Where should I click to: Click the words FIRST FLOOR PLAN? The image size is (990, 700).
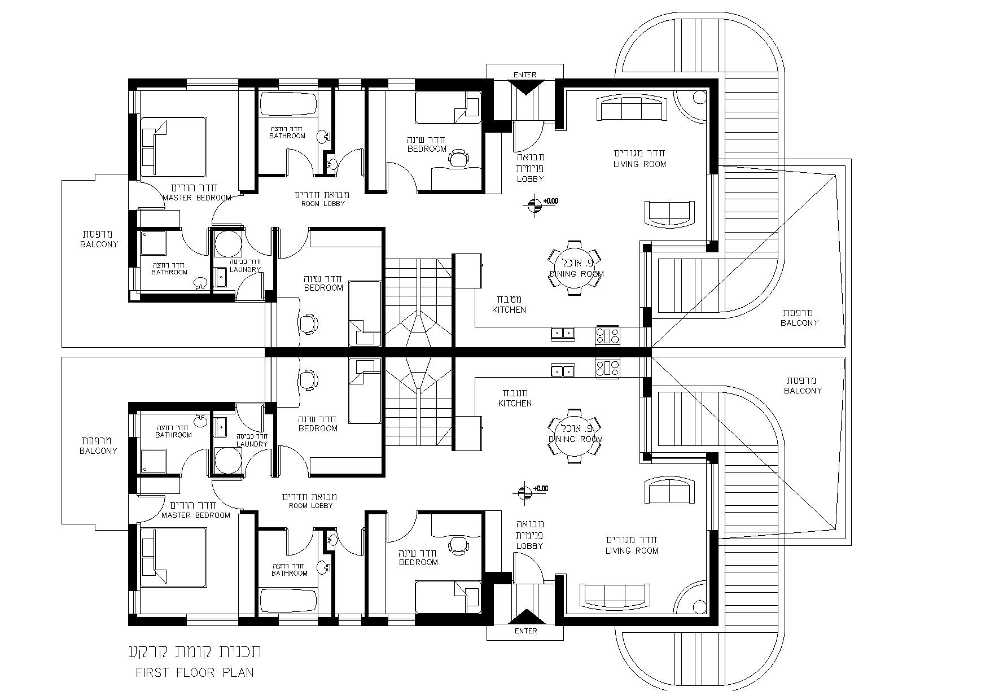click(195, 672)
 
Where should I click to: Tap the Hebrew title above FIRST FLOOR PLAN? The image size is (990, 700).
click(195, 651)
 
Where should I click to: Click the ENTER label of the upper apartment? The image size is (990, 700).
click(525, 75)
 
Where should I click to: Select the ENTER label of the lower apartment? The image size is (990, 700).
click(526, 631)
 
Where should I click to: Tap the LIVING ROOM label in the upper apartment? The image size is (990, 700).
click(639, 164)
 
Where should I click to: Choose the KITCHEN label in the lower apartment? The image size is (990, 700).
click(515, 404)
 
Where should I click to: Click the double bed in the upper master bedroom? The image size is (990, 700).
click(173, 146)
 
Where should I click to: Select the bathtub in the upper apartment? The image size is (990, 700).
click(288, 105)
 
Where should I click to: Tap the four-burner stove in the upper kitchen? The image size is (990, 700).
click(607, 336)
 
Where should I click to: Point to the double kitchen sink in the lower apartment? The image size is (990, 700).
click(563, 371)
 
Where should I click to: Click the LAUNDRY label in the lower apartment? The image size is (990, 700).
click(252, 444)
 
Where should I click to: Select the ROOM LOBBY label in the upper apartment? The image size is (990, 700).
click(322, 204)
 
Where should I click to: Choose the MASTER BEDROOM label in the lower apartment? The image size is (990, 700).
click(196, 515)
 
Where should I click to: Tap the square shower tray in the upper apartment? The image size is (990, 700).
click(152, 244)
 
